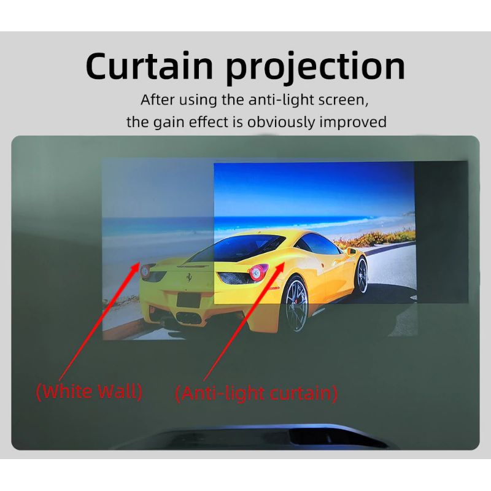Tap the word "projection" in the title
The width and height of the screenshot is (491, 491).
pos(315,68)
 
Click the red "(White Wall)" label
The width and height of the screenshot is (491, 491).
pos(89,391)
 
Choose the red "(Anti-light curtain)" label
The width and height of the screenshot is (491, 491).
pos(256,393)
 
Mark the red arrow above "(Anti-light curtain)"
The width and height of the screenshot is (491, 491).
pos(242,322)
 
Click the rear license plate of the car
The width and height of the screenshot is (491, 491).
pos(191,300)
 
